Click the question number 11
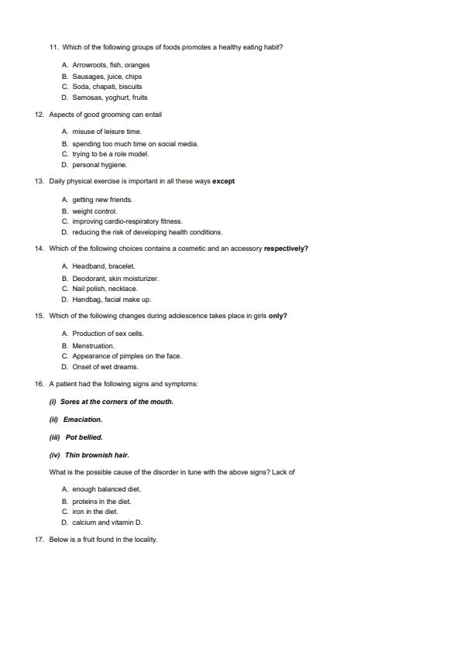tap(53, 47)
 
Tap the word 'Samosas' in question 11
tap(87, 98)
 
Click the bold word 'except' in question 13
tap(223, 182)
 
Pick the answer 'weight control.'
tap(94, 211)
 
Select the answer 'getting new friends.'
tap(102, 200)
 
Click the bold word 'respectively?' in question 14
tap(286, 249)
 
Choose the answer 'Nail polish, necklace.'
tap(105, 289)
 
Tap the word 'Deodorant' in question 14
tap(89, 278)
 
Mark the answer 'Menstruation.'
tap(93, 345)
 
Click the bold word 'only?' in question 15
tap(277, 317)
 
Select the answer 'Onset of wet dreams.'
tap(105, 367)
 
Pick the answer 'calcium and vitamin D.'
tap(107, 523)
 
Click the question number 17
tap(39, 540)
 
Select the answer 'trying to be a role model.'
tap(110, 154)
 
